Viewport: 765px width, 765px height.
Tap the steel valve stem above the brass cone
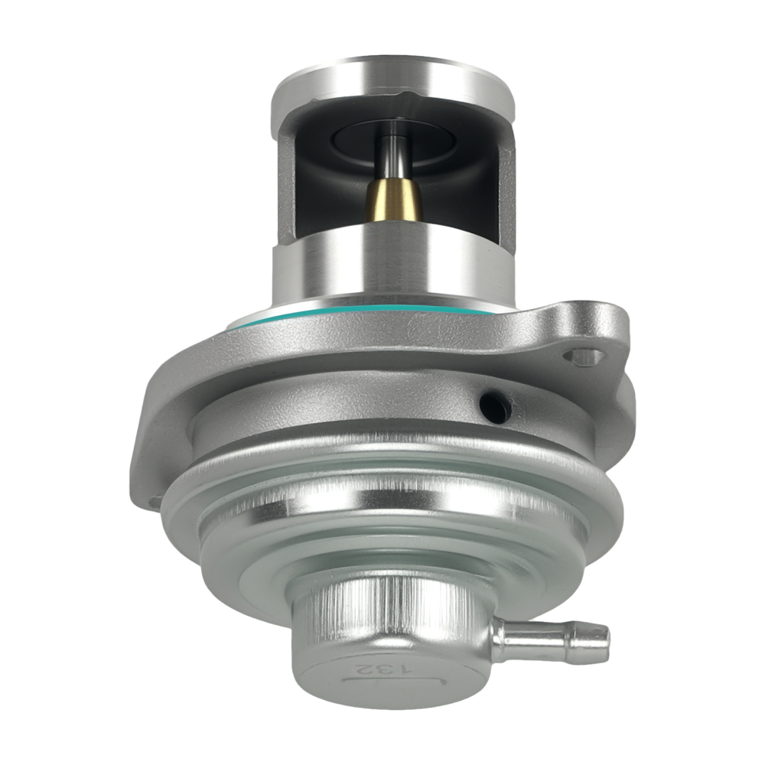[x=395, y=157]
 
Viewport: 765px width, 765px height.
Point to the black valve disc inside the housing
[x=393, y=138]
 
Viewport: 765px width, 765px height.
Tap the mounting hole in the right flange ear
[x=584, y=356]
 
